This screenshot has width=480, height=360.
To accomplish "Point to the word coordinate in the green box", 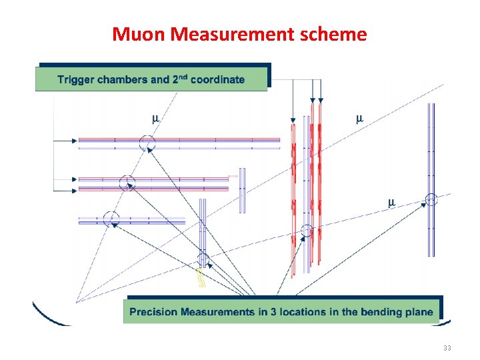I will click(x=217, y=80).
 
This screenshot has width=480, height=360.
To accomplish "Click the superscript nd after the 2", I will click(x=182, y=77).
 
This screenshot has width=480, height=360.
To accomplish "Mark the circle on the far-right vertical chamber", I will click(x=431, y=198).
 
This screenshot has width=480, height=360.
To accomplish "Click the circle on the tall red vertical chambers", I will click(x=307, y=231).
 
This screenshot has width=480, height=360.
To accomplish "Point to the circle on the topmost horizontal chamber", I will click(x=147, y=141).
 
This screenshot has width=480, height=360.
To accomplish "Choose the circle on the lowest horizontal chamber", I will click(x=111, y=218).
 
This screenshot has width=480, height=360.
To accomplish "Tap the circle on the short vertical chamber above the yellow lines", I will click(x=203, y=259).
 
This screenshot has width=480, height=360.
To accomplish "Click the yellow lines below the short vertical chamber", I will click(x=200, y=279).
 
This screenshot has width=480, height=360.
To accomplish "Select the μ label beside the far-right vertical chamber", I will click(x=391, y=202).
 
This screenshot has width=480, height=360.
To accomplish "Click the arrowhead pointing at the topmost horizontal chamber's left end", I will click(x=75, y=141).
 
